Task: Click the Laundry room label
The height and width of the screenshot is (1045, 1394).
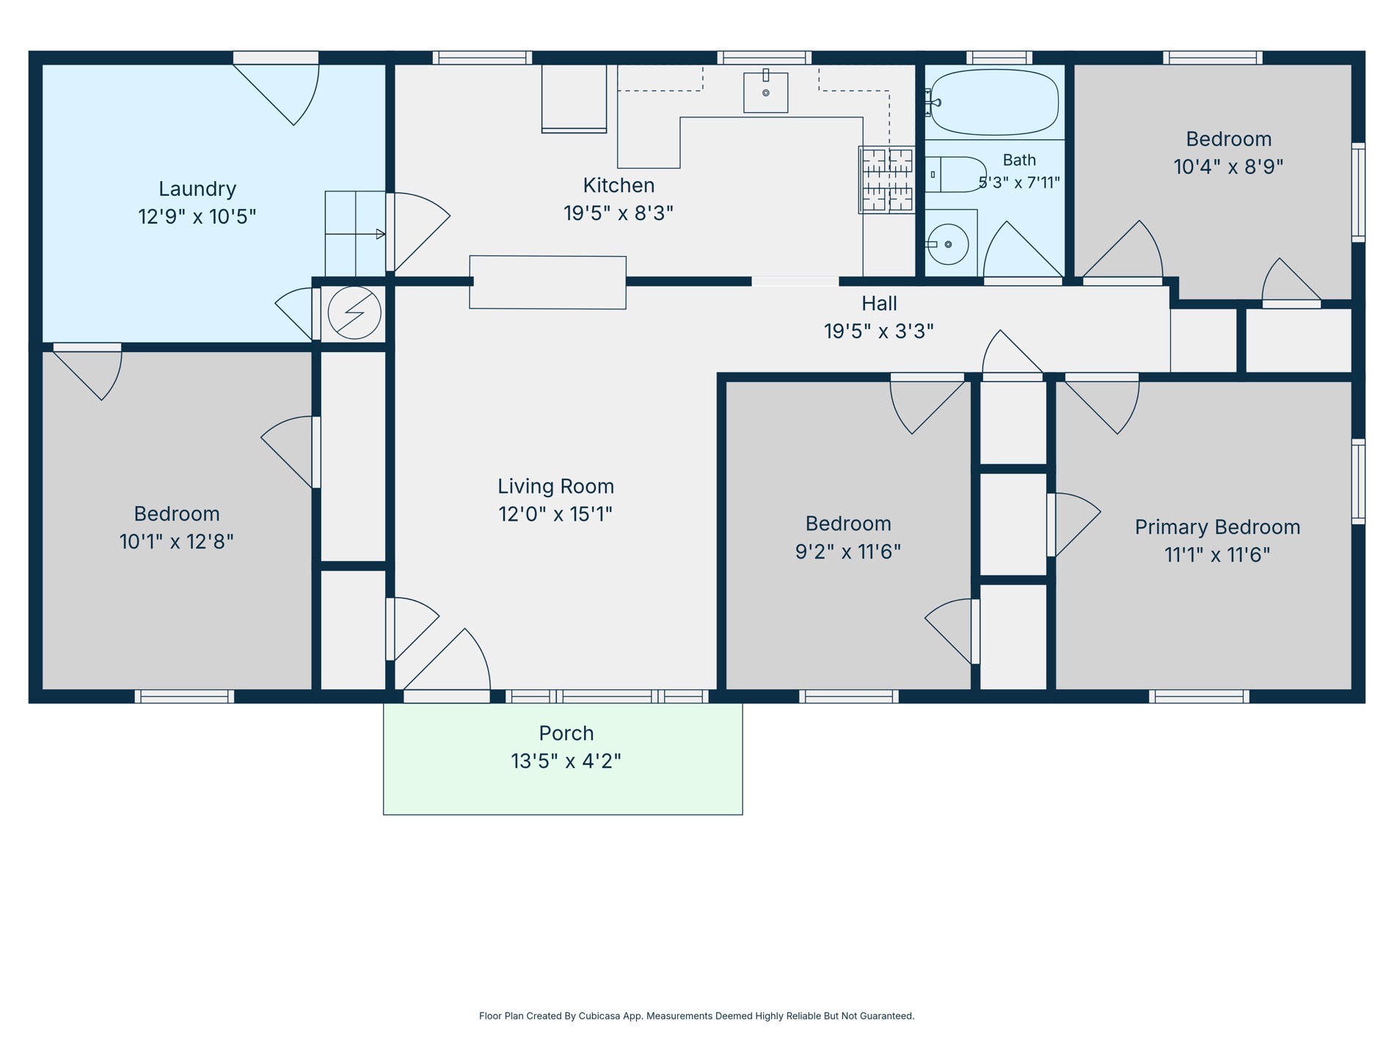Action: [x=197, y=189]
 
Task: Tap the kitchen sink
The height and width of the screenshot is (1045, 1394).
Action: [x=765, y=92]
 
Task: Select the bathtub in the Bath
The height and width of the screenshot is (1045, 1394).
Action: [x=994, y=102]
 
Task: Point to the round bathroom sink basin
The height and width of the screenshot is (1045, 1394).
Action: [x=948, y=244]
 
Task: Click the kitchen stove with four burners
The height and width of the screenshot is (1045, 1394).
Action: [x=887, y=180]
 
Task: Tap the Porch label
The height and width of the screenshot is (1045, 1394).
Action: [x=566, y=733]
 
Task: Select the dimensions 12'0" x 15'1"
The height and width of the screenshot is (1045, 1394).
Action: [x=555, y=514]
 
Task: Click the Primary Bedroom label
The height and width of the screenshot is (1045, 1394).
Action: [x=1217, y=527]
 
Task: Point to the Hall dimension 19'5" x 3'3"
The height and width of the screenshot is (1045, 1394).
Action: [x=879, y=331]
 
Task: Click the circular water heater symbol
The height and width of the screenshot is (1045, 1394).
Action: [x=354, y=312]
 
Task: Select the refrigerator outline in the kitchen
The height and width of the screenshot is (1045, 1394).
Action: [x=574, y=99]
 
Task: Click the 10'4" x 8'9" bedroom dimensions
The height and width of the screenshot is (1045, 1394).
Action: [x=1229, y=167]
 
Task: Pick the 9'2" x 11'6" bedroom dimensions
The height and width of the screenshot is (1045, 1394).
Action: [x=848, y=551]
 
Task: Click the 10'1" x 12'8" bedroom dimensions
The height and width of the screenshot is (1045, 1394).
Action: [x=177, y=542]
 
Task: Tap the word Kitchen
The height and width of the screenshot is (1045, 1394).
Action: [x=618, y=186]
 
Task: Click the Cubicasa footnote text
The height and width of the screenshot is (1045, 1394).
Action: [x=697, y=1016]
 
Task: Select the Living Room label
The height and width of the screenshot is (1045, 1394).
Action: [x=556, y=486]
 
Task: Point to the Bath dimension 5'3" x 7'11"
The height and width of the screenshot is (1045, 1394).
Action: [x=1020, y=183]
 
